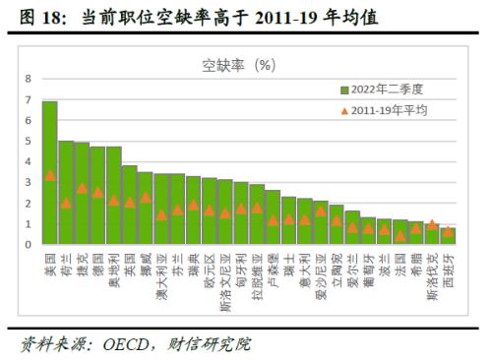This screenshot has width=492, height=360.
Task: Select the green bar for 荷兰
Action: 66,193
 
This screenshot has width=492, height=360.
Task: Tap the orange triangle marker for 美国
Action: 49,176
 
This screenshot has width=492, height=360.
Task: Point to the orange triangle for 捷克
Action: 82,188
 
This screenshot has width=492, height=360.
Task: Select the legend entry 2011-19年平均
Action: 384,111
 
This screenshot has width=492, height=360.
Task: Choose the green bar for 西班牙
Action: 449,236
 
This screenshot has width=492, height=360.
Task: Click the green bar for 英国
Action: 130,206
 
